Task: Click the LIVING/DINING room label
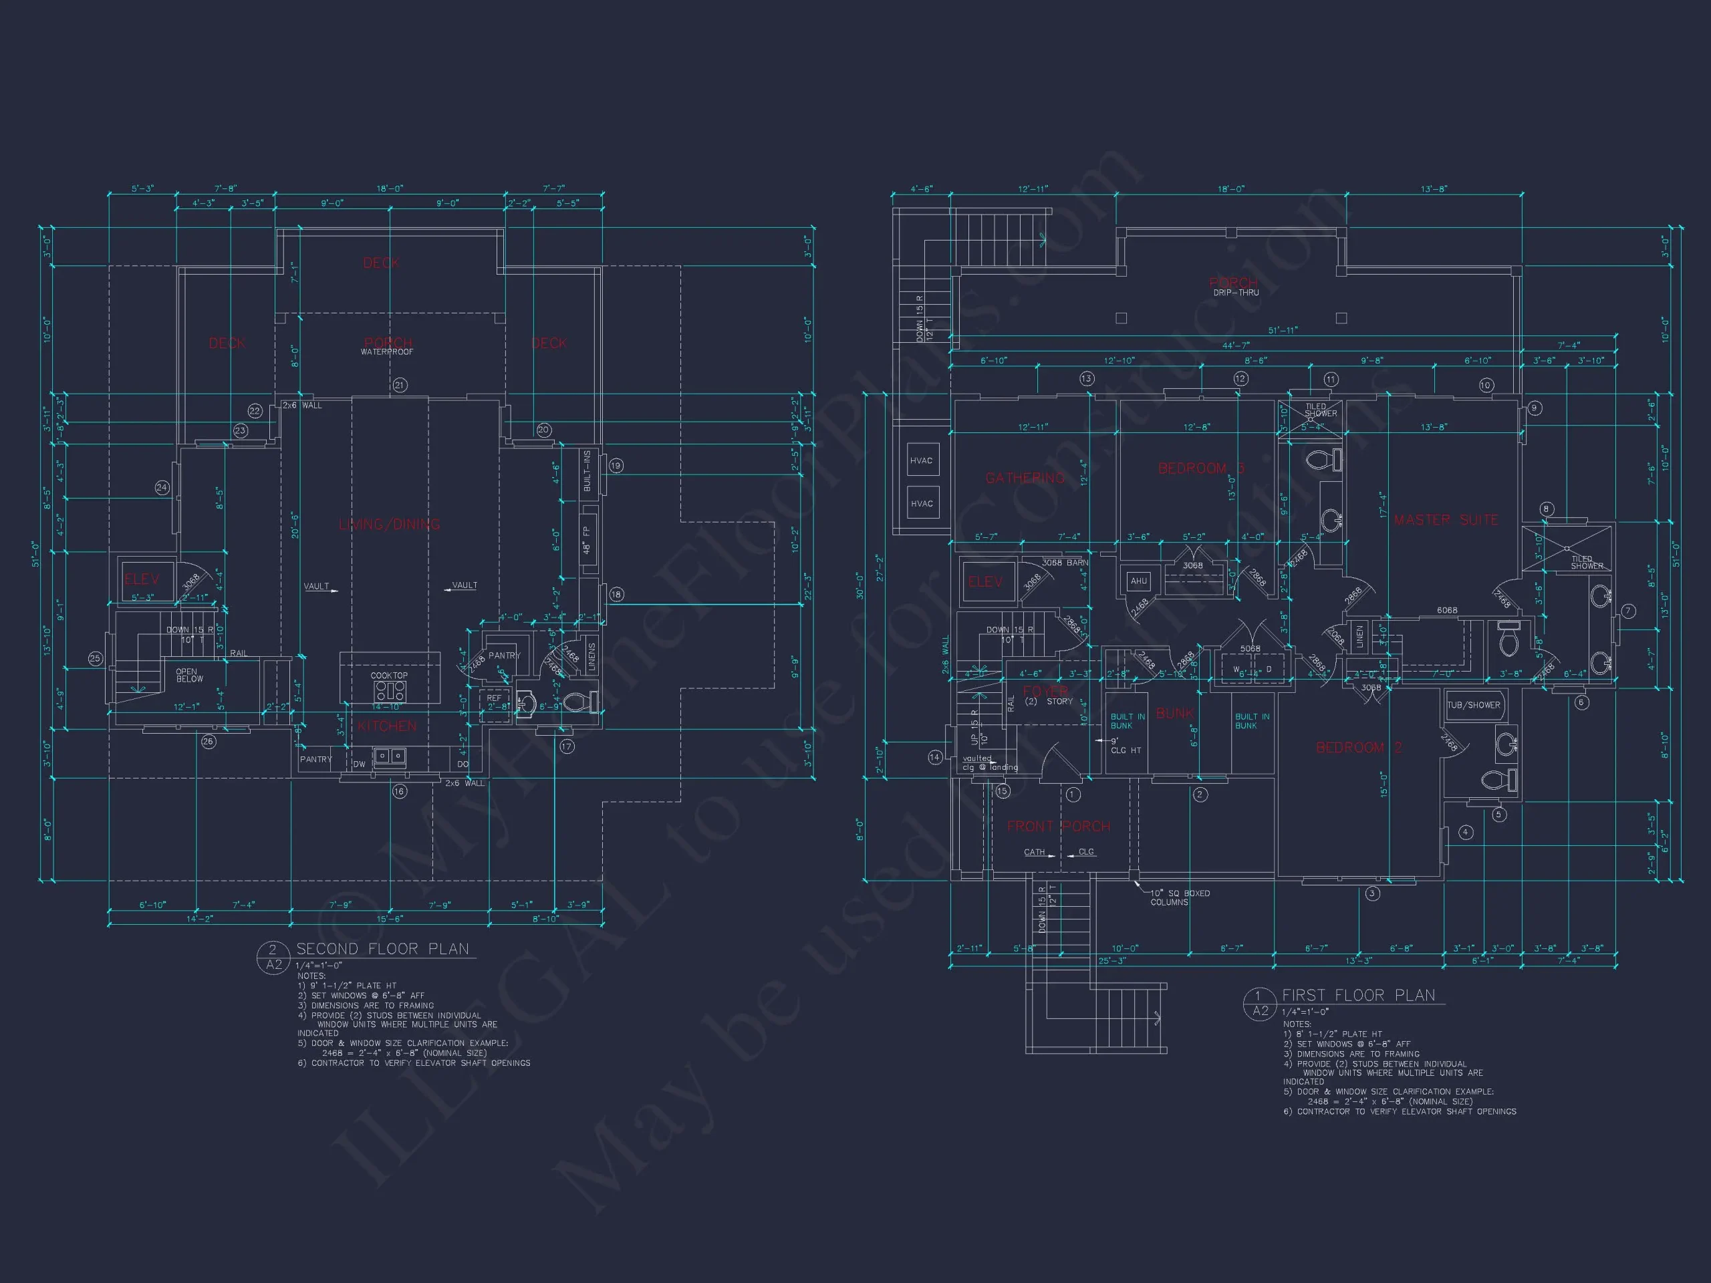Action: [389, 525]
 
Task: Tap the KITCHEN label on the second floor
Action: [387, 726]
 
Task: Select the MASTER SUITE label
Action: [1446, 520]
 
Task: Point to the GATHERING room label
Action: [1025, 478]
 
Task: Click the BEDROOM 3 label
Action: [1201, 468]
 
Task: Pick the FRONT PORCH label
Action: [1058, 826]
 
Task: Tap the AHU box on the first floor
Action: [1139, 581]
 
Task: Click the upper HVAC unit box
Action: [921, 461]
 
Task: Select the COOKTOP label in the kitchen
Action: [389, 675]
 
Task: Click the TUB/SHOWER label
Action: [1474, 704]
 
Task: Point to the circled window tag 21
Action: [400, 385]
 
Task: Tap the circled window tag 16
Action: [399, 791]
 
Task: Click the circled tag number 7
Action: [1628, 611]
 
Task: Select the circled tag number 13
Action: [1087, 378]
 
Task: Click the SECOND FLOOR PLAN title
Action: [382, 949]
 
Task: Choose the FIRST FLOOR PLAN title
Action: [1358, 995]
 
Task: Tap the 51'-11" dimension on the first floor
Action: [1283, 330]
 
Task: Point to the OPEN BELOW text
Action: [190, 675]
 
